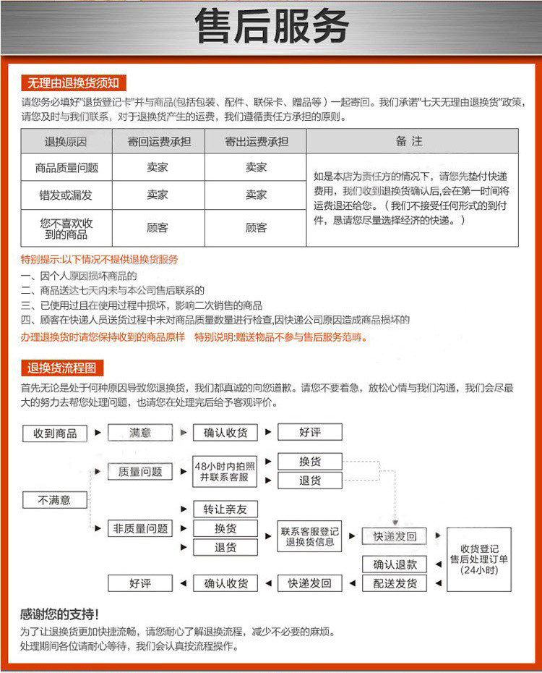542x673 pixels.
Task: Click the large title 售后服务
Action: (271, 27)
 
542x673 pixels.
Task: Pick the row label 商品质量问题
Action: (66, 168)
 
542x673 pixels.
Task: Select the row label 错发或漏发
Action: (66, 195)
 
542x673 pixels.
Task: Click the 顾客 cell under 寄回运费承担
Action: (158, 228)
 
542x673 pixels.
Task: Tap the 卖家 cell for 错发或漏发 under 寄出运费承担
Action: (256, 195)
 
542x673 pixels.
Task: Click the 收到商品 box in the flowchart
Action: (54, 433)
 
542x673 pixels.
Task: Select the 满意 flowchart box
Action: (140, 433)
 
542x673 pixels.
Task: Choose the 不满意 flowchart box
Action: (54, 500)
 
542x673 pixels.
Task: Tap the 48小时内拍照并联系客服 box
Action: (225, 472)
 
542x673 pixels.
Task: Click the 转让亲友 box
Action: (225, 509)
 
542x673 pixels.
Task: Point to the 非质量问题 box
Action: (140, 529)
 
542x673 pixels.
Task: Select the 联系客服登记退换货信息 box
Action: (309, 537)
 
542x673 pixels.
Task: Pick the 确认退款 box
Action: (395, 564)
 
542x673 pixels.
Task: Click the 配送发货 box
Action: (395, 583)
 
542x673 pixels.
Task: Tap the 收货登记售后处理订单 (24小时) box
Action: (479, 559)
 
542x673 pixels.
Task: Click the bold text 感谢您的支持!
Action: (59, 614)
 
